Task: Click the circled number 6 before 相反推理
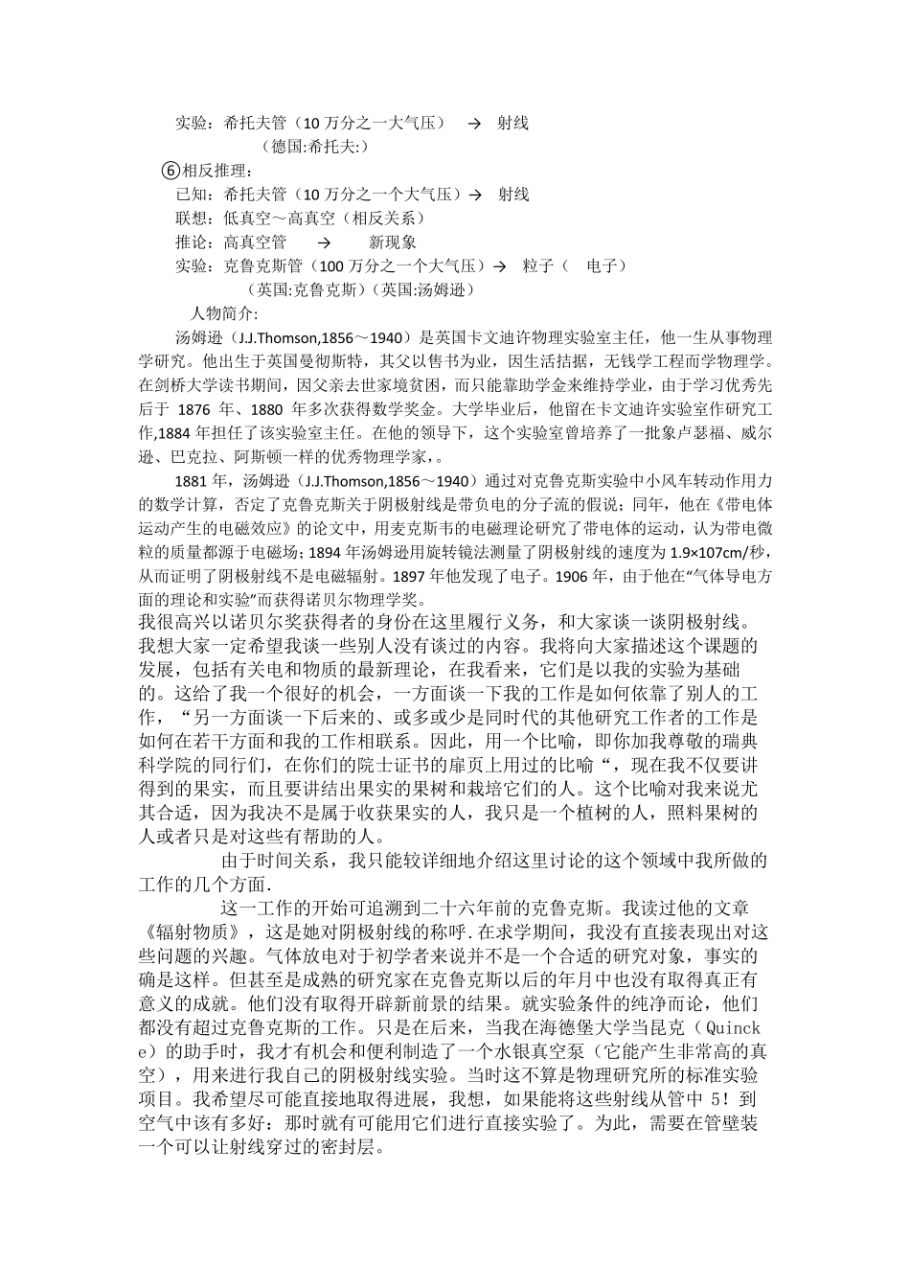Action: pos(171,171)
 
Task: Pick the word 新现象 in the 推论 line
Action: pos(393,242)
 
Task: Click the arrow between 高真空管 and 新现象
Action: pos(324,242)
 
